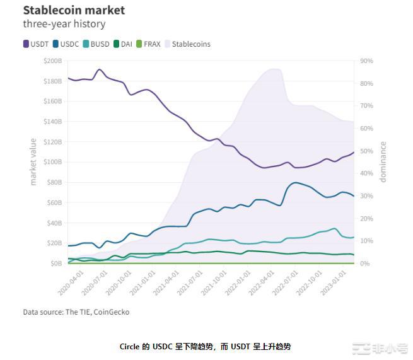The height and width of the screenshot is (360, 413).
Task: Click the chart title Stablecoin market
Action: coord(74,10)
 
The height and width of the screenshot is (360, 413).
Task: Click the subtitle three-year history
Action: coord(64,25)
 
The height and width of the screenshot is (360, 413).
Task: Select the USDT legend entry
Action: coord(37,44)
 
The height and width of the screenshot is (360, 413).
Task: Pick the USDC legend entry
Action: coord(66,44)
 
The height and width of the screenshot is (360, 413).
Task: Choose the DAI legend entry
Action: coord(123,44)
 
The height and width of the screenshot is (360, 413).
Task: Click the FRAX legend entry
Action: coord(148,44)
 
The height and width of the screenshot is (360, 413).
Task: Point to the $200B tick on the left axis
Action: coord(52,61)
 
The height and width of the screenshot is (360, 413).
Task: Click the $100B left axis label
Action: coord(52,162)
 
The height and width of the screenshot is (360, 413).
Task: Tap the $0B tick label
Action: coord(55,264)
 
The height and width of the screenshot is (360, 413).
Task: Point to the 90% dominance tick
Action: coord(366,61)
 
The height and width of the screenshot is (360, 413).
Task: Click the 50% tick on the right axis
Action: coord(366,151)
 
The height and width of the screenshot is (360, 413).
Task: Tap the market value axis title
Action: coord(33,162)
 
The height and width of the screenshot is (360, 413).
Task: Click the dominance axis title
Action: coord(383,162)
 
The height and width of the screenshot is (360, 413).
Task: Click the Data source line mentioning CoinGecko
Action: coord(76,312)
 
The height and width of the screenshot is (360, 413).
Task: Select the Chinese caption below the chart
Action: coord(205,346)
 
